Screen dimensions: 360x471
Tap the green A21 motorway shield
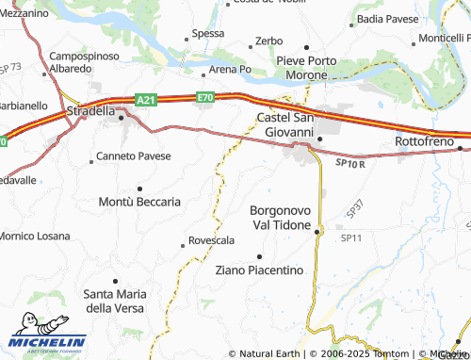(145, 99)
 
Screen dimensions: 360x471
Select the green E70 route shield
(206, 97)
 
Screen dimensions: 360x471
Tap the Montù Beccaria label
(139, 202)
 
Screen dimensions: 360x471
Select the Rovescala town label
(211, 240)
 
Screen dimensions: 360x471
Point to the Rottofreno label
(426, 140)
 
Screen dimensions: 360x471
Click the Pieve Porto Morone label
(307, 68)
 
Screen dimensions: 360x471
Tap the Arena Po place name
(230, 70)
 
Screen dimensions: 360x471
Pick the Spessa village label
(207, 34)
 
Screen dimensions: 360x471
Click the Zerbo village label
(268, 42)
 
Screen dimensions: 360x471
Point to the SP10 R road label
(349, 163)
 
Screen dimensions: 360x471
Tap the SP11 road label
(351, 237)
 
